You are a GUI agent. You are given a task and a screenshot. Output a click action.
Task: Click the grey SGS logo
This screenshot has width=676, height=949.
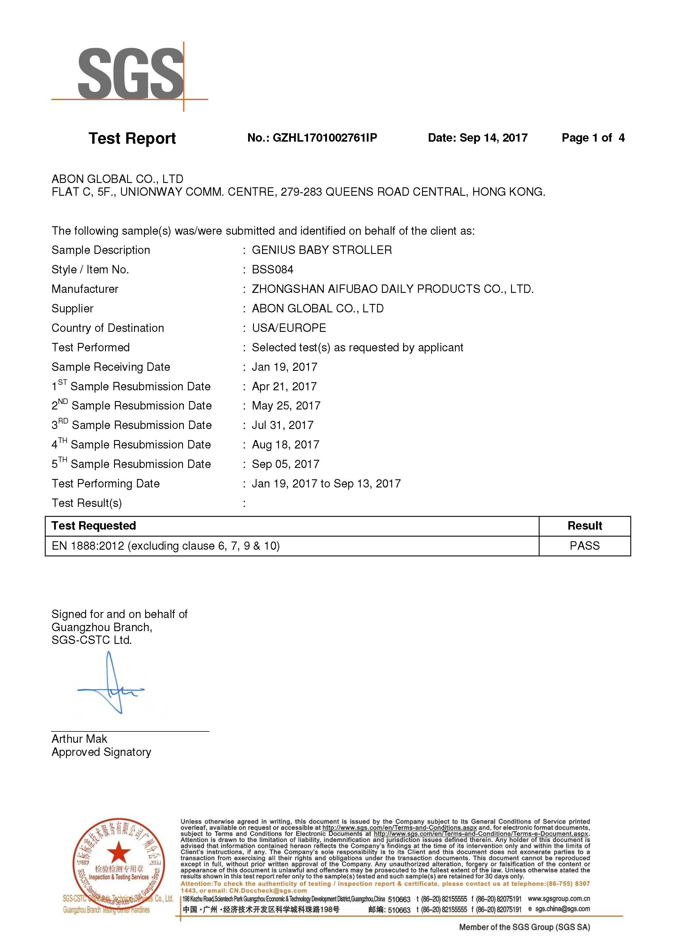pos(130,74)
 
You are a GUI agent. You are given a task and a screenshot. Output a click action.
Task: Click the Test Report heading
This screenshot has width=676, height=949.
pos(132,138)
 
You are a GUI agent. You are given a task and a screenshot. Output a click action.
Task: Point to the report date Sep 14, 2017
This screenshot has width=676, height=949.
pos(493,138)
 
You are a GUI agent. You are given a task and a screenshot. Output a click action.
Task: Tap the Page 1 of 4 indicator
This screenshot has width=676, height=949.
pos(593,138)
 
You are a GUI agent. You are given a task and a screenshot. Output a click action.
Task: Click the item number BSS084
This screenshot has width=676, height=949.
pos(272,270)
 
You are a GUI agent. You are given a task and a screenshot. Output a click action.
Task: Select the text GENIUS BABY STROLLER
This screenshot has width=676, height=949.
pos(322,250)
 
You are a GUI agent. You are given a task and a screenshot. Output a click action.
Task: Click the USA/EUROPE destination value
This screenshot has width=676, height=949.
pos(289,328)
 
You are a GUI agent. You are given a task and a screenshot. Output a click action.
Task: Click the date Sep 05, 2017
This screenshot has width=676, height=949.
pos(286,464)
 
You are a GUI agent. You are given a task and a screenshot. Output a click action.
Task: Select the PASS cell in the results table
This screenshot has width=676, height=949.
pos(584,546)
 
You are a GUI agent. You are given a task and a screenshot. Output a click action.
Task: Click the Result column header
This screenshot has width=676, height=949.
pos(584,526)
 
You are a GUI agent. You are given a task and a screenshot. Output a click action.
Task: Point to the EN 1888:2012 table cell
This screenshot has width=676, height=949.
pos(166,546)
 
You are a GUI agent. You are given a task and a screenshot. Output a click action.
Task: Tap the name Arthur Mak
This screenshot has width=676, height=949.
pos(79,739)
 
